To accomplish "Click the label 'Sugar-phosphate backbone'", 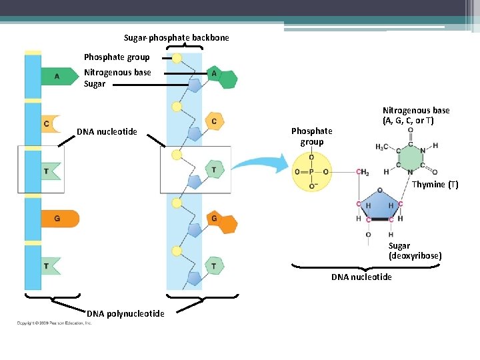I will point(176,38).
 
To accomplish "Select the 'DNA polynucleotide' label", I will point(125,313).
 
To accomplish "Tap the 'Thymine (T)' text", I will point(435,184).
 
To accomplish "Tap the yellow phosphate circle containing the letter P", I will point(311,172).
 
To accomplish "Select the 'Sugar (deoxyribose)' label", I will point(415,251).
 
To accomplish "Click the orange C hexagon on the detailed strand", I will point(214,121).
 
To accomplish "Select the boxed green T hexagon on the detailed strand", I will point(213,170).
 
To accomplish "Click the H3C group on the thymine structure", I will point(383,147).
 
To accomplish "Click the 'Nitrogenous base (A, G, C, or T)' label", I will point(415,115).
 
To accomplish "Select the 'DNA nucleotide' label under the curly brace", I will point(361,277).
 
